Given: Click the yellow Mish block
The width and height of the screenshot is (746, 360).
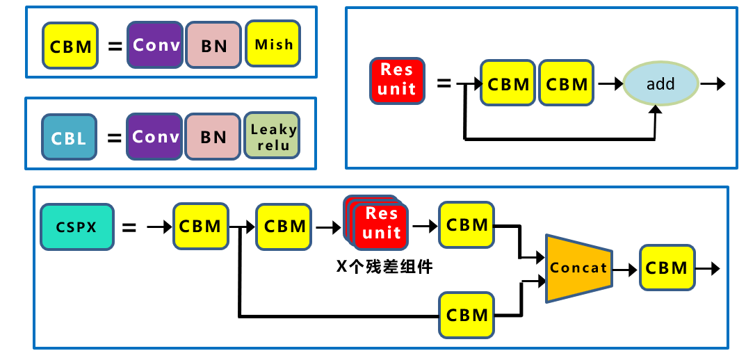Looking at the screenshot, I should click(274, 45).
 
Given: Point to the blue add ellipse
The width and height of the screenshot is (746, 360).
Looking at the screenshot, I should click(660, 83).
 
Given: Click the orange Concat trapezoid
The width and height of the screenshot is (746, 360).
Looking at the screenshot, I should click(577, 268).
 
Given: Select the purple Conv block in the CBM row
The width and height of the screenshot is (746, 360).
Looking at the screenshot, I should click(155, 45).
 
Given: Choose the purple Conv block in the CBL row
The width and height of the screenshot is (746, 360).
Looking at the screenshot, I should click(155, 136).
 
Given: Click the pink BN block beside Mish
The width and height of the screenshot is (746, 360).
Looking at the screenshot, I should click(213, 46).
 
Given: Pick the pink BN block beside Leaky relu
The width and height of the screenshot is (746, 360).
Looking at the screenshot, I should click(213, 137).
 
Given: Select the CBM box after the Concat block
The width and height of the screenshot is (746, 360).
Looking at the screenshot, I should click(667, 268).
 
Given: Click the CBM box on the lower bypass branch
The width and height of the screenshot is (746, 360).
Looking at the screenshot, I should click(467, 315).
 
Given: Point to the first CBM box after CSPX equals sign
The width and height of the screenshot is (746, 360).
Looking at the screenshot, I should click(200, 226).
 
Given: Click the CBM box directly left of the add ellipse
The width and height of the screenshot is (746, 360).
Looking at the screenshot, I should click(567, 83).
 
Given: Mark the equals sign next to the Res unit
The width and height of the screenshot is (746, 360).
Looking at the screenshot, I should click(444, 83).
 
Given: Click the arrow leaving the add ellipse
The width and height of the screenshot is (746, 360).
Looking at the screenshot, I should click(713, 83).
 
